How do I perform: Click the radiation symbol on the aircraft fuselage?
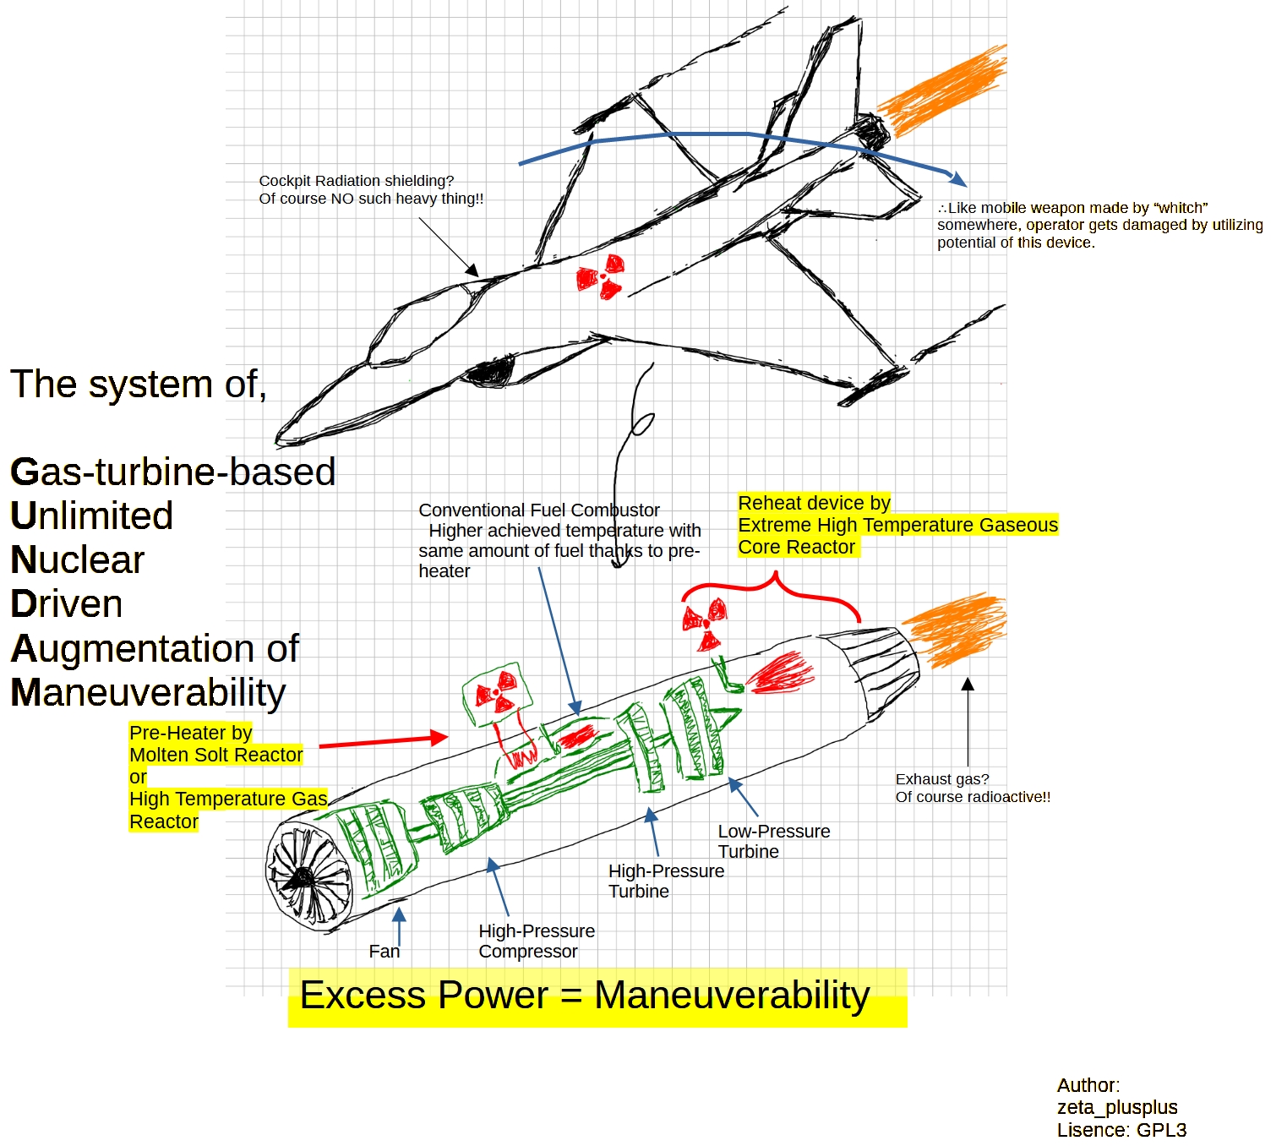[601, 276]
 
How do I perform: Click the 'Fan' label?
[384, 952]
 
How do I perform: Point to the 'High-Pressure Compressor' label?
[536, 941]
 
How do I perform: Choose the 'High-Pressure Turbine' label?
[666, 881]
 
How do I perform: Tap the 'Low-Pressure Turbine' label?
[773, 842]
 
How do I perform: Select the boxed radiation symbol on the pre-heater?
[497, 692]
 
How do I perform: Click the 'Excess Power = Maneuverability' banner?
[585, 996]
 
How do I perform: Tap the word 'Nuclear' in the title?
[77, 560]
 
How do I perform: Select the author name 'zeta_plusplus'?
[1116, 1107]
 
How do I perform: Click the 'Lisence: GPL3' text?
[1121, 1130]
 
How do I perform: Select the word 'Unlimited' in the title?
[91, 516]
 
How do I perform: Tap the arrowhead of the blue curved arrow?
[959, 179]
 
